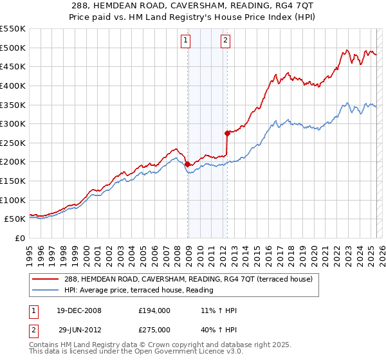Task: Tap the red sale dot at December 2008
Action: (x=187, y=165)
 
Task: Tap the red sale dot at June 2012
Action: (x=227, y=134)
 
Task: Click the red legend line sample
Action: (x=44, y=279)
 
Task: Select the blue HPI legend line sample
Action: (x=44, y=290)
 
